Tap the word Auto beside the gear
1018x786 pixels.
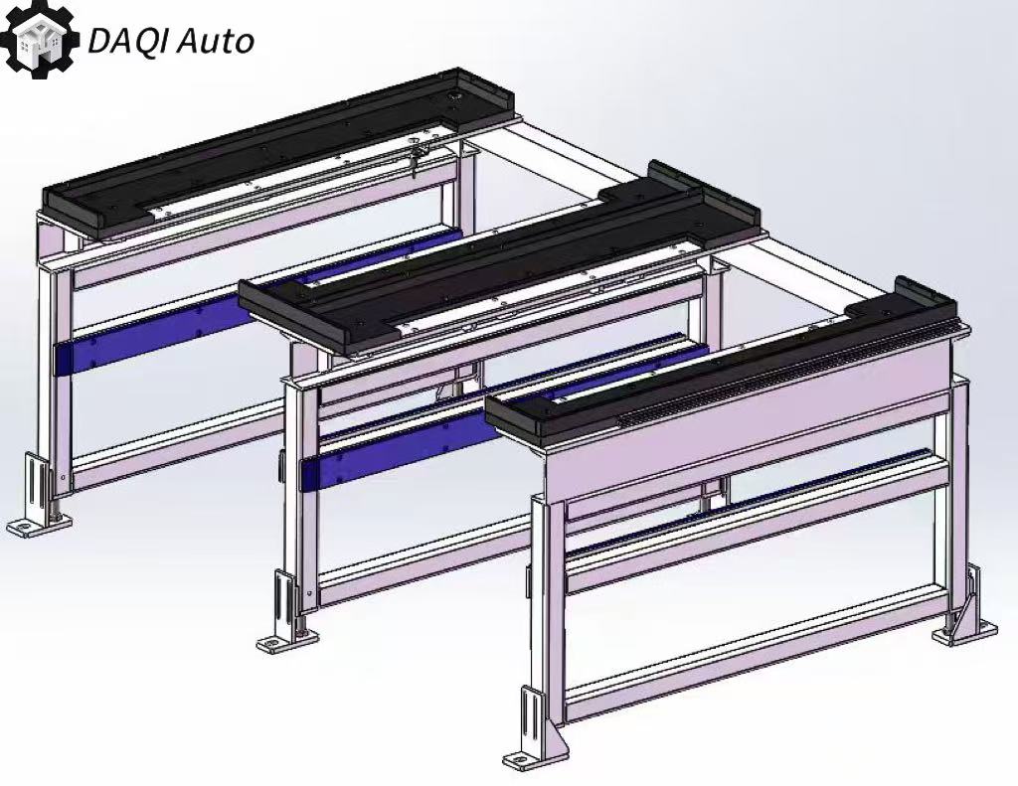(215, 42)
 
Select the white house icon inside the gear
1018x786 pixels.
(38, 39)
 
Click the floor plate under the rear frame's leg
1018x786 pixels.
(39, 523)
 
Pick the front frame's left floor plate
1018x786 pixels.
(533, 757)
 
